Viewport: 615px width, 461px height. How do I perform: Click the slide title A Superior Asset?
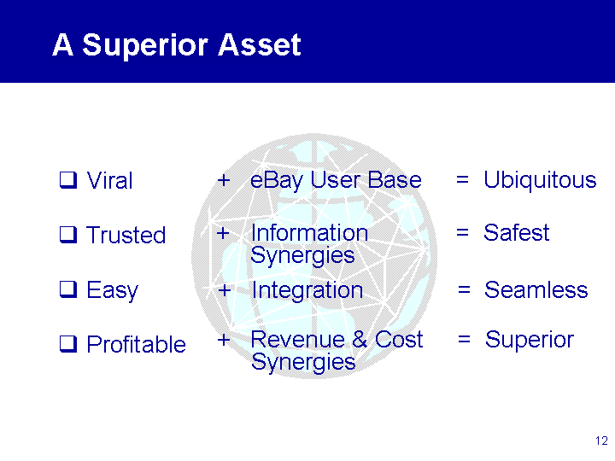point(177,45)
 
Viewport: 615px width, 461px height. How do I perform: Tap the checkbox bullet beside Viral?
point(68,180)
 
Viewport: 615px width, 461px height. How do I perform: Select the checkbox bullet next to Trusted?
point(68,235)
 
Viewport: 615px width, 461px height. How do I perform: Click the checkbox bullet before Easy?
point(68,289)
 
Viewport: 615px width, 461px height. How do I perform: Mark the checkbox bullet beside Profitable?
point(68,344)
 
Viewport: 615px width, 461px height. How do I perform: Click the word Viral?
point(109,180)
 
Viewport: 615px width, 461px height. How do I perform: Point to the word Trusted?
point(126,235)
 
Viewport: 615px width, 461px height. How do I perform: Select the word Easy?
point(112,291)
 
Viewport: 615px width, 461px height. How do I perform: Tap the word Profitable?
point(136,344)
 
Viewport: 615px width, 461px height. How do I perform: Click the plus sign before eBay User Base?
point(224,180)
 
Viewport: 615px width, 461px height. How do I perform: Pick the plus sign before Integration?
point(225,290)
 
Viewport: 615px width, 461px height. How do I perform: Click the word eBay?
point(277,181)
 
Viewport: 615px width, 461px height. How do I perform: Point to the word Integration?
point(307,290)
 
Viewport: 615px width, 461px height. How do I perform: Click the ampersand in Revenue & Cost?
point(360,339)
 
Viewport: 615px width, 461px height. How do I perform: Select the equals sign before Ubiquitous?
point(462,180)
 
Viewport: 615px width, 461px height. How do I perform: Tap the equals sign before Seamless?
point(464,290)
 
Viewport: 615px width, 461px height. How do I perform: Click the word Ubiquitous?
point(540,181)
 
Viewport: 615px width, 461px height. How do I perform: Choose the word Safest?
point(516,232)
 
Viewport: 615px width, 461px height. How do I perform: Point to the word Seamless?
point(536,290)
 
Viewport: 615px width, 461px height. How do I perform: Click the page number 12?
point(601,441)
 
